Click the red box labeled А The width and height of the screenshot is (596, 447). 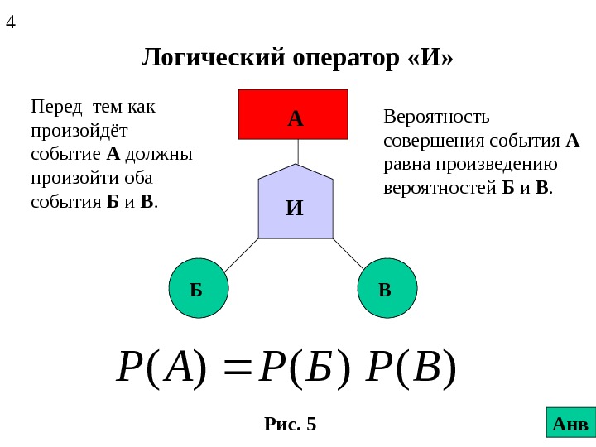click(294, 114)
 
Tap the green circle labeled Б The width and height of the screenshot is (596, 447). click(197, 289)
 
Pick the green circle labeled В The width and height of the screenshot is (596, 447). click(387, 289)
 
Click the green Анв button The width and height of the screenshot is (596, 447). click(570, 422)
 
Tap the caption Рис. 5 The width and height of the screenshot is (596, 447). click(291, 425)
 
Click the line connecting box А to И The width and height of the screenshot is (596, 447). click(297, 151)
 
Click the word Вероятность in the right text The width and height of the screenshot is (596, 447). click(437, 117)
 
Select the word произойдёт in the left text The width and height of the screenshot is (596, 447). click(79, 131)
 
